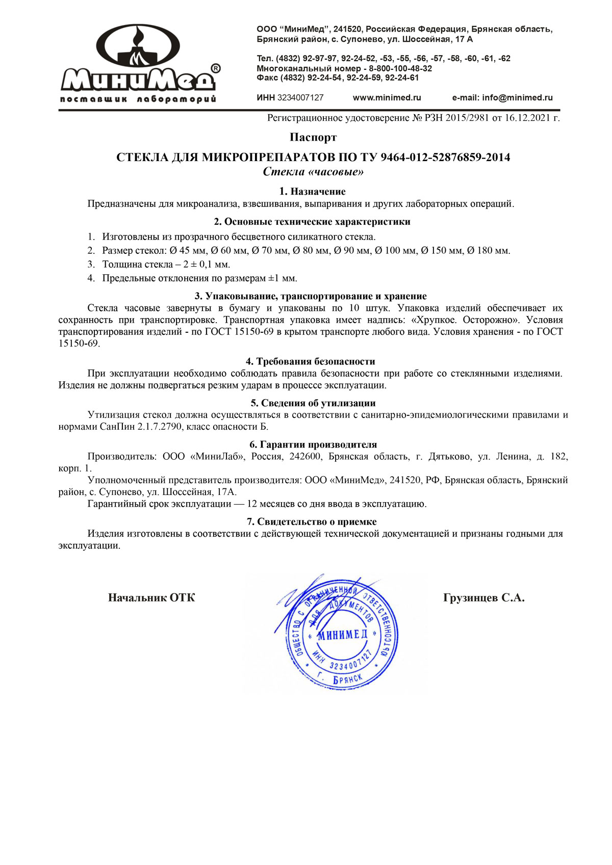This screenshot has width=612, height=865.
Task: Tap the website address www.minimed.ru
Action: tap(387, 98)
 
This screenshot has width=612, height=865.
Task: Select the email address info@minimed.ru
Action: tap(517, 98)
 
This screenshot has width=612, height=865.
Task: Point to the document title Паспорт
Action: tap(313, 137)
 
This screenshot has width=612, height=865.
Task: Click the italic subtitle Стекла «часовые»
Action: tap(313, 172)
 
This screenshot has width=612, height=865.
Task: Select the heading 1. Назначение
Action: tap(312, 192)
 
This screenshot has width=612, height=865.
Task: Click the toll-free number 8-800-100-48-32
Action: tap(400, 68)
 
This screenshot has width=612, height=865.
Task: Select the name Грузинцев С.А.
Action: tap(483, 598)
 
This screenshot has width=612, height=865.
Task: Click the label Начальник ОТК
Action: tap(151, 598)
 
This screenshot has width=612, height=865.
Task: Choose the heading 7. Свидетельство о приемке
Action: tap(312, 522)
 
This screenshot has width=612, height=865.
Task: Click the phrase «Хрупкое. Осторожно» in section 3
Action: tap(465, 320)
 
